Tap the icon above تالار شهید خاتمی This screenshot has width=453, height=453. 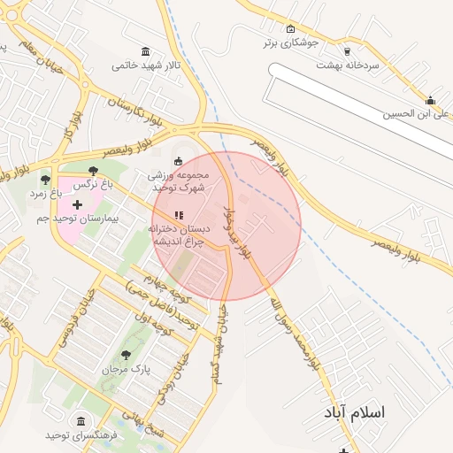pos(145,51)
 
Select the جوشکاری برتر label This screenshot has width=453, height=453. pos(289,42)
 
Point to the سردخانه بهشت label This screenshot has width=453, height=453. pos(350,65)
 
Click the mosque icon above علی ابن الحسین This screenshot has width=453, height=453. pos(430,100)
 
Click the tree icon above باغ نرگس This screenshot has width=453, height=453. pos(93,171)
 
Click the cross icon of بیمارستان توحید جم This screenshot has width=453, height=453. pos(77,204)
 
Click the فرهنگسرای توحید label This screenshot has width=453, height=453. pos(81,434)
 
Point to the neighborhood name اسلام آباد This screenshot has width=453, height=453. pos(356,412)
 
